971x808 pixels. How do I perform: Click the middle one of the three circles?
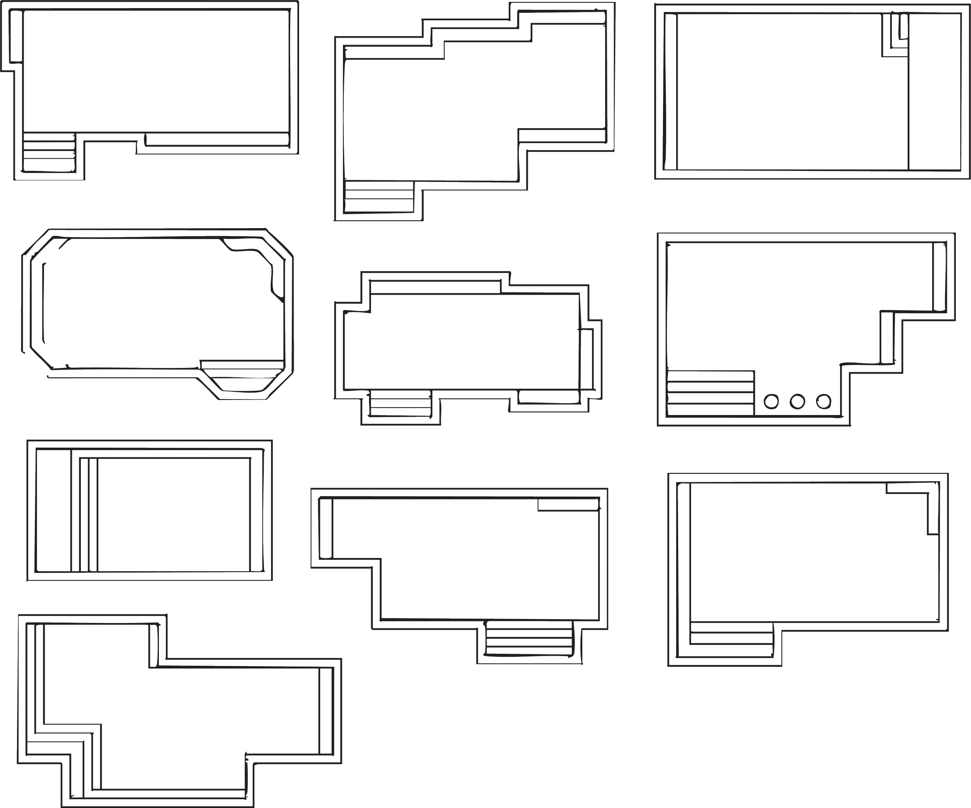(x=797, y=401)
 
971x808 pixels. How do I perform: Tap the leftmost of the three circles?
(x=771, y=401)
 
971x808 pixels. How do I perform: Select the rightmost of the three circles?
(x=823, y=401)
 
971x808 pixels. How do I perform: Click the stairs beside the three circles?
(x=711, y=393)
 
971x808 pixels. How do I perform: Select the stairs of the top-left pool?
(x=49, y=153)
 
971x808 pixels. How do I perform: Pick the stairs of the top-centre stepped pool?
(x=379, y=196)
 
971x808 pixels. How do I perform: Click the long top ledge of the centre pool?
(x=435, y=286)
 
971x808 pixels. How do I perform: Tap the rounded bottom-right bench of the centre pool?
(x=549, y=396)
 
